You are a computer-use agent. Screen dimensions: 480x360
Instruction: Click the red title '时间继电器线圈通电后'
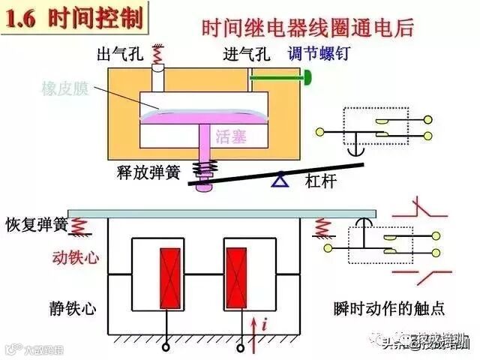tap(308, 31)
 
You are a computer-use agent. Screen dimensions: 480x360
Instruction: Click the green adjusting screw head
tap(308, 76)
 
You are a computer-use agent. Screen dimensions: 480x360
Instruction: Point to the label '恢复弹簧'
tap(36, 224)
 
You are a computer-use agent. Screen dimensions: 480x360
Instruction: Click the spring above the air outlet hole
tap(157, 54)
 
